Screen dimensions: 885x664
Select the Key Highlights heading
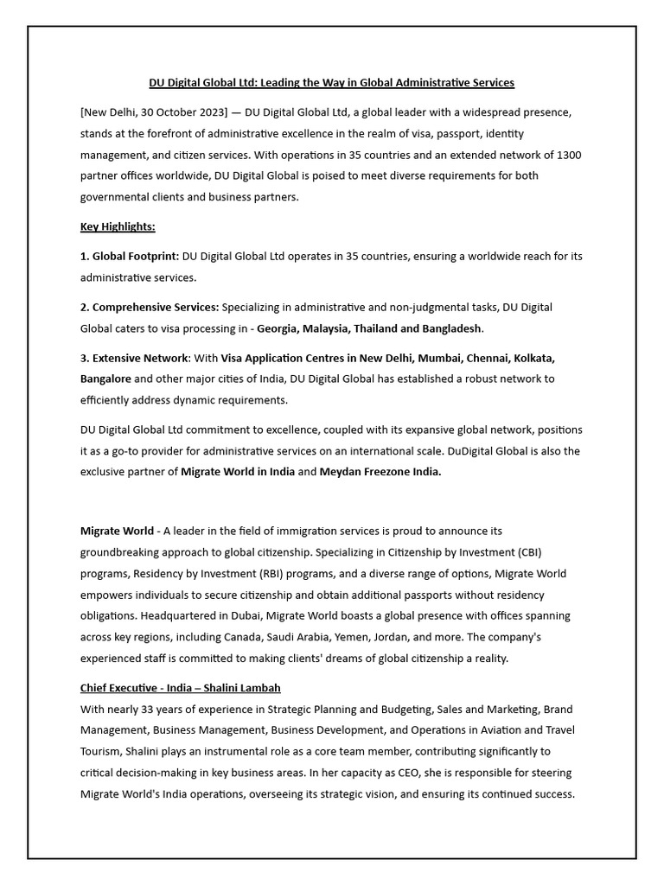click(118, 226)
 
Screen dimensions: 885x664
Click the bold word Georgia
click(278, 328)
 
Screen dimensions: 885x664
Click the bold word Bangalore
click(105, 379)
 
